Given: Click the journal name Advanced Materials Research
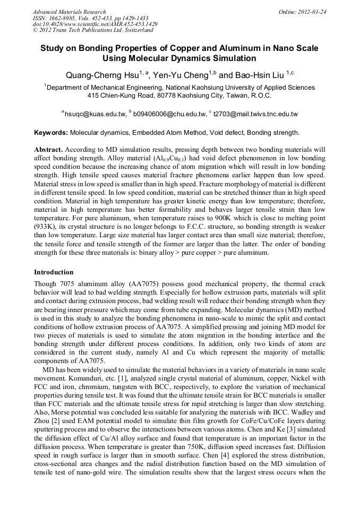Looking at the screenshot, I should pyautogui.click(x=69, y=12).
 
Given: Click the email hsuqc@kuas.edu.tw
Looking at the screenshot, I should pyautogui.click(x=96, y=114).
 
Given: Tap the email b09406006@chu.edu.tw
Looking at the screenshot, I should pyautogui.click(x=169, y=114).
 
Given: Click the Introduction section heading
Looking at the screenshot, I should pyautogui.click(x=54, y=272).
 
